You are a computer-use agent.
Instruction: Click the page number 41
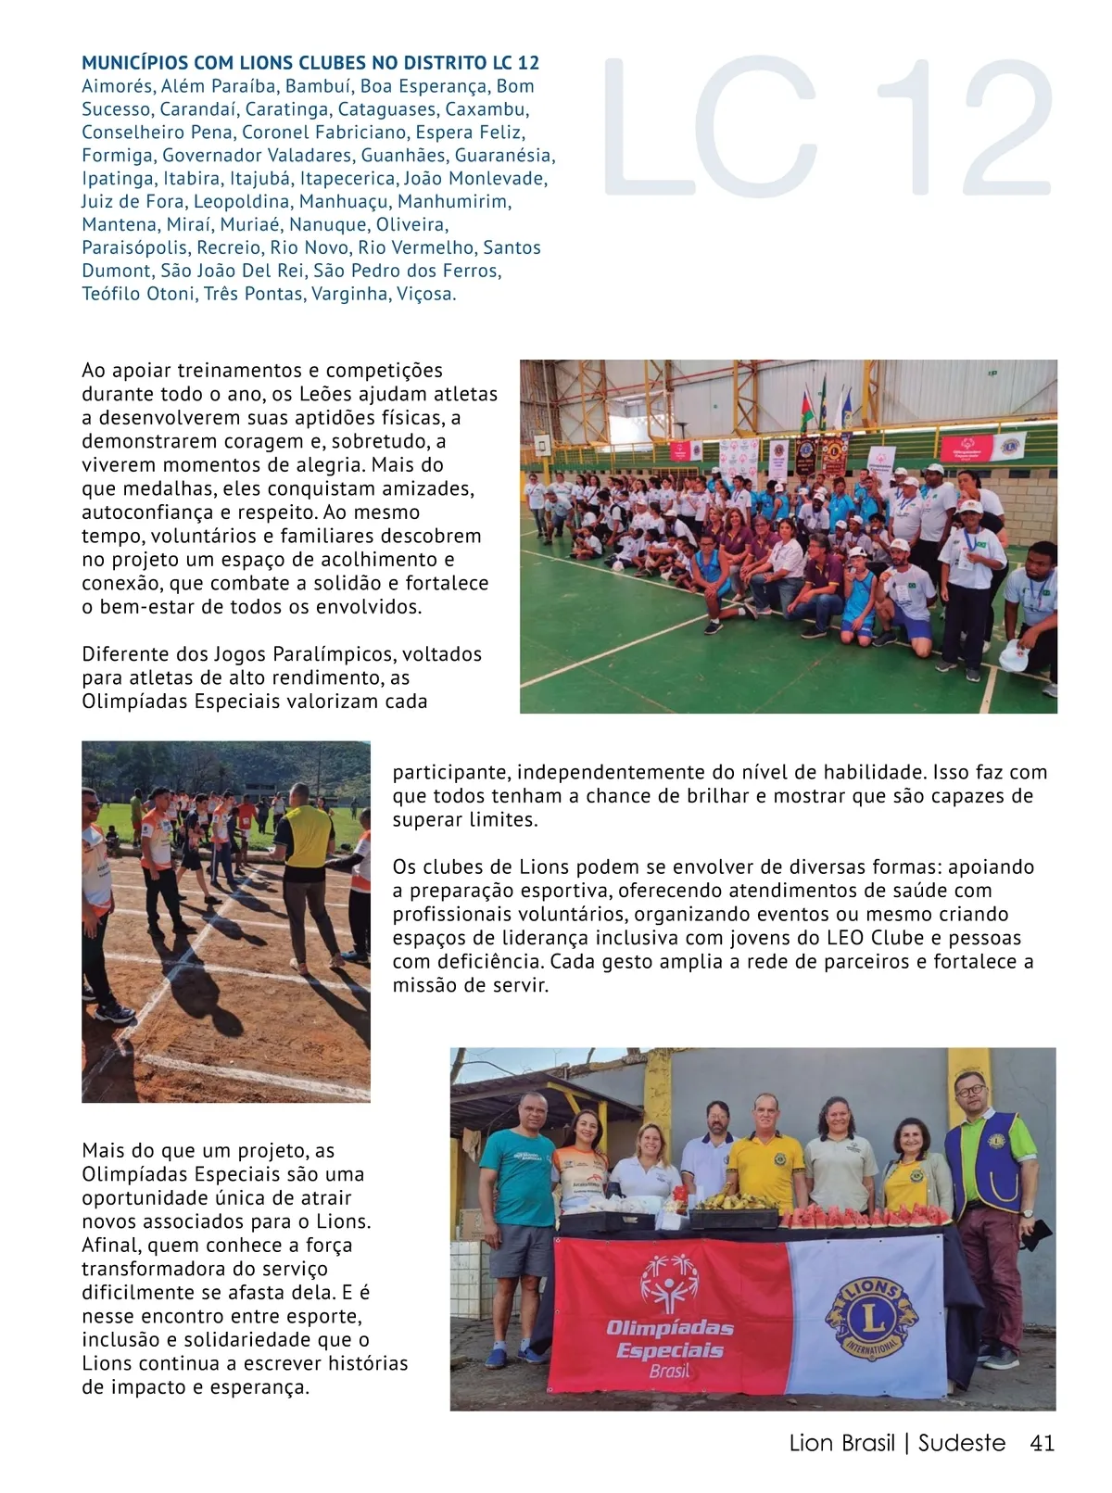click(x=1042, y=1443)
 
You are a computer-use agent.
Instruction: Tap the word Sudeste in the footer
click(x=961, y=1443)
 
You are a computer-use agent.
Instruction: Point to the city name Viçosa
click(x=426, y=295)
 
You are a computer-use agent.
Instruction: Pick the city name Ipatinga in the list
click(x=118, y=179)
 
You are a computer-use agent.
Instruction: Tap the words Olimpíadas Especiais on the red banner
click(x=669, y=1339)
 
